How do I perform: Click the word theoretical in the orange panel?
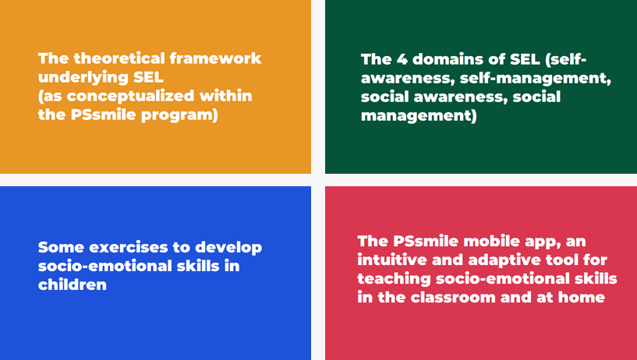coord(119,58)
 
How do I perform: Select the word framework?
coord(215,58)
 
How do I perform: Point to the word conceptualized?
coord(130,96)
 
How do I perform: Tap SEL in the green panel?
coord(525,60)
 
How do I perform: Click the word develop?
coord(228,248)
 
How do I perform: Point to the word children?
coord(73,284)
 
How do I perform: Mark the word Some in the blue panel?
coord(62,247)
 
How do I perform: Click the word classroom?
coord(453,297)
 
